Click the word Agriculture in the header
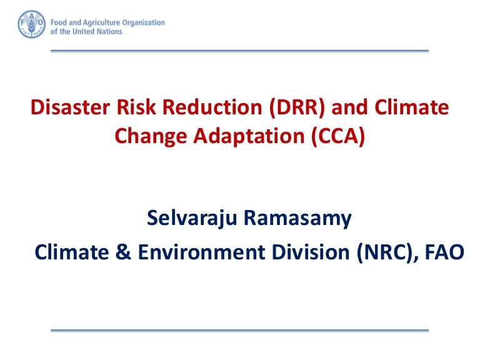coord(104,22)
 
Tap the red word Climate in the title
coord(414,108)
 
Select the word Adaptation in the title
coord(245,136)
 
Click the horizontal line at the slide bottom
coord(239,330)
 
